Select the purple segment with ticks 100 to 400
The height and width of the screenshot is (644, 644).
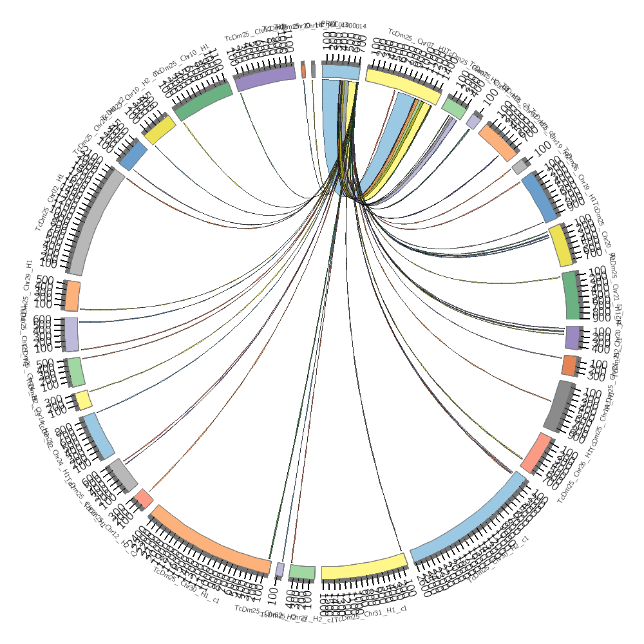573,337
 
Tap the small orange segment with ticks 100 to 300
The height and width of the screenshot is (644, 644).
569,365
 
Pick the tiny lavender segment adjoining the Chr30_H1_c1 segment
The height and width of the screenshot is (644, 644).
279,569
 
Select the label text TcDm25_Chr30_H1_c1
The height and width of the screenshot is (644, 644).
187,588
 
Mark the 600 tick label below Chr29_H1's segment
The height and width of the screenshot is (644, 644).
43,319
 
